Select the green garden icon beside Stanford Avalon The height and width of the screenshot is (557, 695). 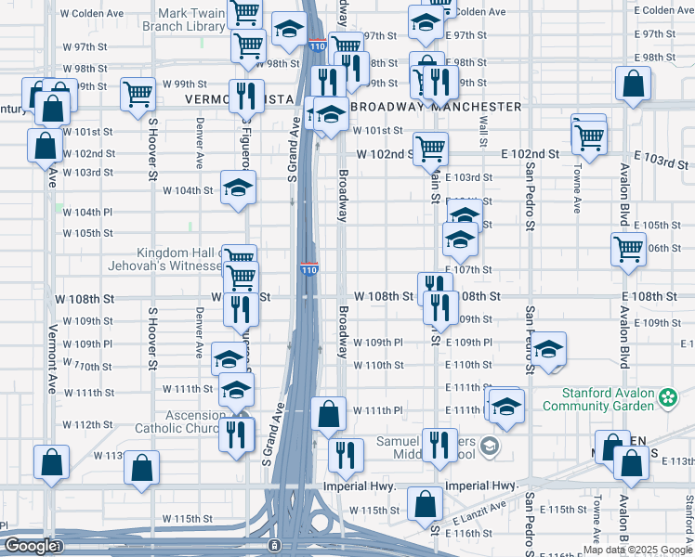pyautogui.click(x=667, y=398)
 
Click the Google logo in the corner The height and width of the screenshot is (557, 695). pyautogui.click(x=30, y=546)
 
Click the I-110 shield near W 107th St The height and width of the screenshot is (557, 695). pyautogui.click(x=309, y=269)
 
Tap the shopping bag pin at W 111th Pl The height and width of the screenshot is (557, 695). pyautogui.click(x=329, y=413)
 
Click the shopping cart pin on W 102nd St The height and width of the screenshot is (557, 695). pyautogui.click(x=430, y=148)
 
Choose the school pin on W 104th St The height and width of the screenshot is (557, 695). pyautogui.click(x=238, y=187)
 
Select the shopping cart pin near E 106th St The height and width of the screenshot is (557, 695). pyautogui.click(x=629, y=249)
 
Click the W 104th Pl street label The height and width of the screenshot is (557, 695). pyautogui.click(x=87, y=212)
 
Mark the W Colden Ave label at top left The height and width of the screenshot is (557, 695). pyautogui.click(x=91, y=14)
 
